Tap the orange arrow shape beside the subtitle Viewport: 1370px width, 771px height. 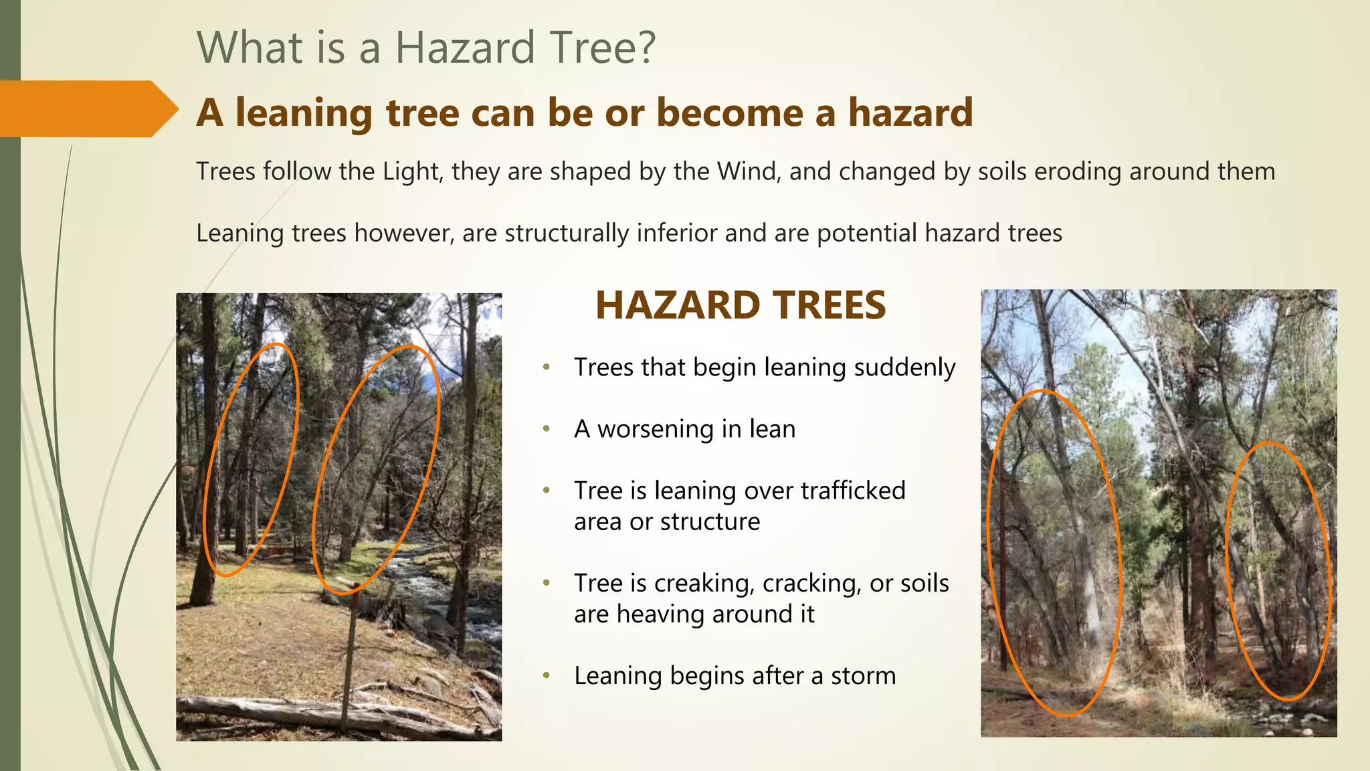click(87, 109)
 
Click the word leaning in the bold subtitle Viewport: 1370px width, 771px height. click(304, 112)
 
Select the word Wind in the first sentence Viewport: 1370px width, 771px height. click(748, 171)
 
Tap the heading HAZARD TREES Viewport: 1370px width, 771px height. click(740, 305)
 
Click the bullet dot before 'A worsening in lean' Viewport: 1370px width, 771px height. click(547, 429)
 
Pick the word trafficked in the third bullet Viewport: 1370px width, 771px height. click(853, 491)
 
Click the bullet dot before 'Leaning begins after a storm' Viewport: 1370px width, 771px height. click(547, 675)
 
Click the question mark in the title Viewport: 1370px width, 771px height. click(646, 48)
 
